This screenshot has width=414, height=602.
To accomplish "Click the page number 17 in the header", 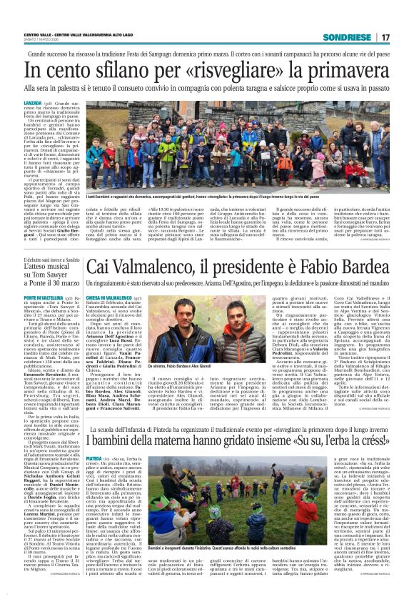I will [386, 37].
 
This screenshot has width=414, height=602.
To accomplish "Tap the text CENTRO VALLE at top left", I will [36, 34].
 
